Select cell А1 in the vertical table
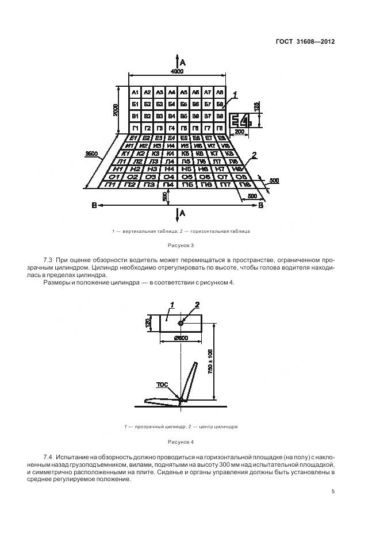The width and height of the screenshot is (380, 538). point(135,93)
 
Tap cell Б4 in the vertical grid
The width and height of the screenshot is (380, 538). point(171,104)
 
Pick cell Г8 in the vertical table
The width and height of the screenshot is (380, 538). point(220,128)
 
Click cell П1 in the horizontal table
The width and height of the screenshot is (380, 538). point(113,185)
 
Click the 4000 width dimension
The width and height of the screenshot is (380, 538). point(176,71)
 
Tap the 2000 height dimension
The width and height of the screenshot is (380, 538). point(116,109)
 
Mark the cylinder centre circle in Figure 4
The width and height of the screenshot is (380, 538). point(181,323)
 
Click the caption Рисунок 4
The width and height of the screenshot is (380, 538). point(181,442)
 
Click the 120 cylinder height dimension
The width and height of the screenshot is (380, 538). point(148,323)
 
